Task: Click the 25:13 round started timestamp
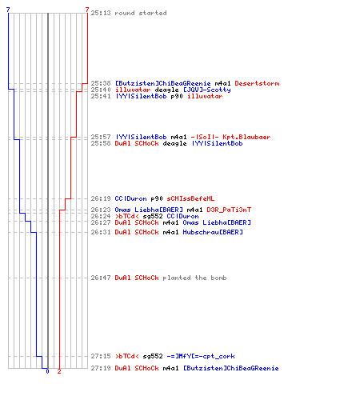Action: [x=101, y=13]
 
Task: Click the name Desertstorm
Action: [x=257, y=83]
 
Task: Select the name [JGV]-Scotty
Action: [x=207, y=90]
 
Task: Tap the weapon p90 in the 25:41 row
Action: [x=177, y=97]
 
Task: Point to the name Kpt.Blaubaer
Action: [x=246, y=137]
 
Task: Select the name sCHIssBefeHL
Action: [x=190, y=198]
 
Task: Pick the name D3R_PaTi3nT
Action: [x=229, y=210]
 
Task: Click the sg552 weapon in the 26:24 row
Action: [x=153, y=216]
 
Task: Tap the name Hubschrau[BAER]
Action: [x=213, y=232]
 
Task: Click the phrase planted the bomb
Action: [x=194, y=278]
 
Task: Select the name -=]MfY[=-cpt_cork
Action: [x=201, y=356]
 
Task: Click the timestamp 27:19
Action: [x=101, y=368]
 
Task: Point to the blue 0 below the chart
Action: [x=47, y=371]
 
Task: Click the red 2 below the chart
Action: [x=59, y=371]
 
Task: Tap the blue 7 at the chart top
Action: [x=8, y=10]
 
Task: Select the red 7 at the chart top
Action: [x=87, y=10]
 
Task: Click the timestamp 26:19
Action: [x=101, y=198]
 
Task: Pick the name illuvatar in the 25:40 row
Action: [x=133, y=90]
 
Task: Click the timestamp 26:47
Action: [x=101, y=278]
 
